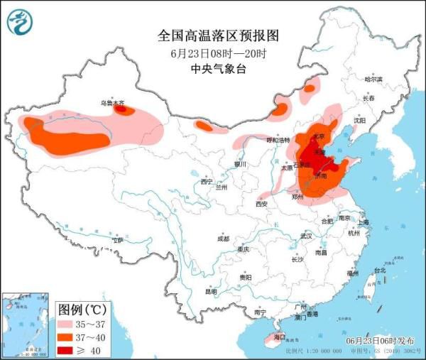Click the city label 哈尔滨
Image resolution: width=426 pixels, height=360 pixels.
click(x=373, y=79)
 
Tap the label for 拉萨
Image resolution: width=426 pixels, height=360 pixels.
click(x=116, y=240)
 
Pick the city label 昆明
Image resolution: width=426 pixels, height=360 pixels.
click(x=211, y=291)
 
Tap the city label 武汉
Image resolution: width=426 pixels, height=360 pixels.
click(x=307, y=235)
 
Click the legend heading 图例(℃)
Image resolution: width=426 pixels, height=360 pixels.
click(x=82, y=309)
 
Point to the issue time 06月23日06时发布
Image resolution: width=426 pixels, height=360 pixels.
click(x=381, y=342)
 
